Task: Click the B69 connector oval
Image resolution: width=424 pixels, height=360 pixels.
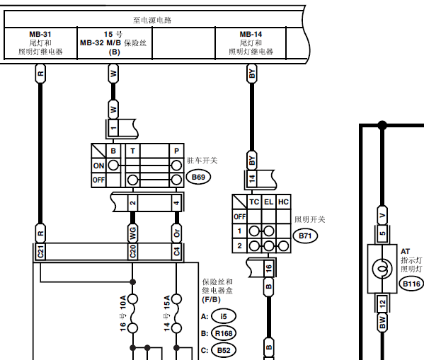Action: click(198, 177)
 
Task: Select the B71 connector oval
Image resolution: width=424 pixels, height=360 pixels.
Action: click(305, 236)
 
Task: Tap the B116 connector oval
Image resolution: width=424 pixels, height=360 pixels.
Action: click(411, 284)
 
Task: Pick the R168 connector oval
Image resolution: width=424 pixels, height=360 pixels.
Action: click(224, 334)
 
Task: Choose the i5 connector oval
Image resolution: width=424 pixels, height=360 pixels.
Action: click(224, 316)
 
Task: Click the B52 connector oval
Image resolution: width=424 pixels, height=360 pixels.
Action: click(224, 351)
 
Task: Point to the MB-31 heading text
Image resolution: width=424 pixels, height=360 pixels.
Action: click(40, 35)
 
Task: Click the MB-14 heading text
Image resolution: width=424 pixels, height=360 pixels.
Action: click(251, 35)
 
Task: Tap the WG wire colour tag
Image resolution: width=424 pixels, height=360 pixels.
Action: click(132, 233)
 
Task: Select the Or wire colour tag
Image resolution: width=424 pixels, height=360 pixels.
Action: click(176, 233)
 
